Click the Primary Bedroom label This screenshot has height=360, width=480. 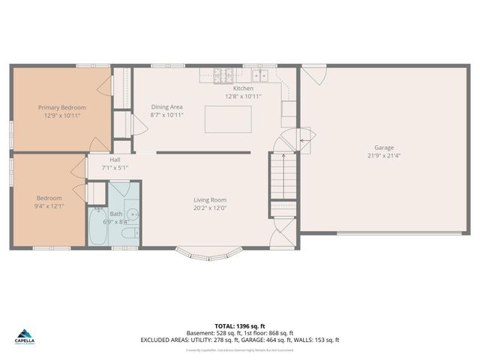(x=62, y=107)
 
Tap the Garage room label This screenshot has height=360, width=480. (x=384, y=148)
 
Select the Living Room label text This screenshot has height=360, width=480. (x=209, y=199)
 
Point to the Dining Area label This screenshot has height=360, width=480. (x=166, y=107)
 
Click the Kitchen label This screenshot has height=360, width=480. (x=243, y=88)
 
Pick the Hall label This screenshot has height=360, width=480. (x=115, y=159)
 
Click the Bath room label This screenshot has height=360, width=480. (x=116, y=214)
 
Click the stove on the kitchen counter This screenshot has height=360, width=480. (x=223, y=75)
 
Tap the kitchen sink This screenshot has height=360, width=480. (x=260, y=75)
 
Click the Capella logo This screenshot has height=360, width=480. (x=25, y=335)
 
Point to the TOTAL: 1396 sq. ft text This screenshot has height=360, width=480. (x=239, y=326)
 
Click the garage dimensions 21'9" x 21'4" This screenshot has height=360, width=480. (x=384, y=156)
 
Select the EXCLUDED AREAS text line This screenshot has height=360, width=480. (x=239, y=340)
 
